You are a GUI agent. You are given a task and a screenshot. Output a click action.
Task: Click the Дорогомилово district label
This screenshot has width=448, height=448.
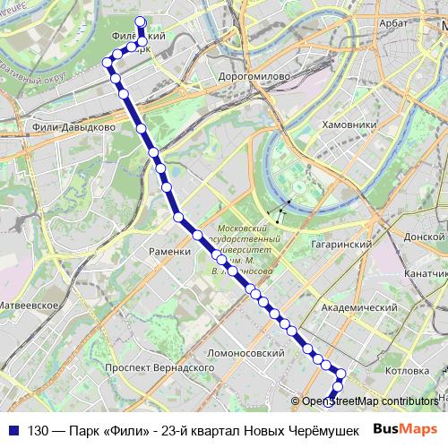point(254,77)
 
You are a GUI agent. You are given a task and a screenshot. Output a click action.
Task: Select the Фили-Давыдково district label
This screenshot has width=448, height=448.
point(73,128)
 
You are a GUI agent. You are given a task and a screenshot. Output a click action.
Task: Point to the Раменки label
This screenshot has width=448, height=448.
point(170,252)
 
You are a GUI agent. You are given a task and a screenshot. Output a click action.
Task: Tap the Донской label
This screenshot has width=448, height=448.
point(425,237)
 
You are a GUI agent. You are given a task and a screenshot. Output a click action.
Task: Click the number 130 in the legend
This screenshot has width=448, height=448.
point(39,428)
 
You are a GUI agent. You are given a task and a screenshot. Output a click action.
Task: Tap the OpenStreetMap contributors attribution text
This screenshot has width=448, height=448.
point(370,401)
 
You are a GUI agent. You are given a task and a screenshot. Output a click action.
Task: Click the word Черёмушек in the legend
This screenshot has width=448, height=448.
point(329,428)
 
